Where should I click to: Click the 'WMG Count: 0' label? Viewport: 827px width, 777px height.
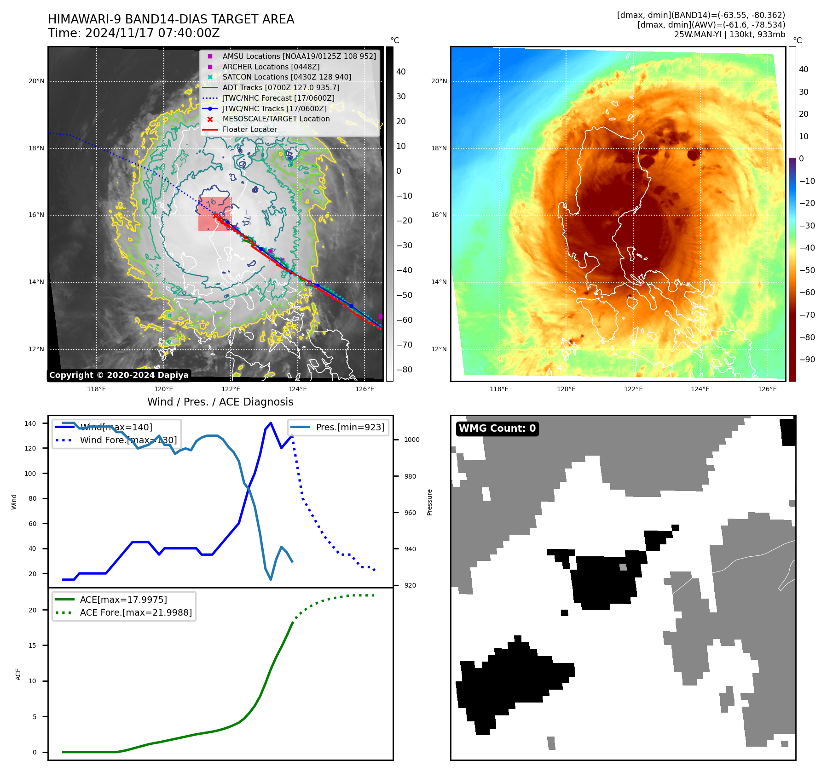tap(497, 428)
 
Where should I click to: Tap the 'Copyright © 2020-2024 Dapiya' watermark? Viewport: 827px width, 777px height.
tap(119, 375)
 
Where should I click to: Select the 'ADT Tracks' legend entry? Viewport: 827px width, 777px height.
tap(281, 87)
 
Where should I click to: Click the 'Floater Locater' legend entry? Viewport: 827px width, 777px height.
tap(249, 130)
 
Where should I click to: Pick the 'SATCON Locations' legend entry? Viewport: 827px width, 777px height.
tap(286, 77)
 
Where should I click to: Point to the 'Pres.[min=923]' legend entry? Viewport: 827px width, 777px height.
tap(350, 427)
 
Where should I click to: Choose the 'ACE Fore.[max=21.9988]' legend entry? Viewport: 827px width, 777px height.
tap(136, 612)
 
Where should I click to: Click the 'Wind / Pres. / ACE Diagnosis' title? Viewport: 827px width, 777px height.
tap(220, 402)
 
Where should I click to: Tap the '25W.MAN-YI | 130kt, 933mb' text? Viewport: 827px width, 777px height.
tap(729, 34)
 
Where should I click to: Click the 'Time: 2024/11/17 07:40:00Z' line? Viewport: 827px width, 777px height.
tap(133, 34)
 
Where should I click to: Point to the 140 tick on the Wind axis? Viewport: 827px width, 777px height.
tap(30, 423)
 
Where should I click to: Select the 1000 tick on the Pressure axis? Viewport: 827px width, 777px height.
tap(411, 440)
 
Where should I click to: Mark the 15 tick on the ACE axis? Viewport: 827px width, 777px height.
tap(32, 646)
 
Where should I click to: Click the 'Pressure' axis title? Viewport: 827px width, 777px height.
tap(429, 502)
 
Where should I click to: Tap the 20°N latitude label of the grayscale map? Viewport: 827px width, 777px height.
tap(37, 81)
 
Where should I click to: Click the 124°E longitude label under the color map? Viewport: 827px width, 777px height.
tap(700, 389)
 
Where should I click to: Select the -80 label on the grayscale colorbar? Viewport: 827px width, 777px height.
tap(405, 370)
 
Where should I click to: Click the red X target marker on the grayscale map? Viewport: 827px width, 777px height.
tap(215, 215)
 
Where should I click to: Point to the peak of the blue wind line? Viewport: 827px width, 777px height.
tap(271, 423)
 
